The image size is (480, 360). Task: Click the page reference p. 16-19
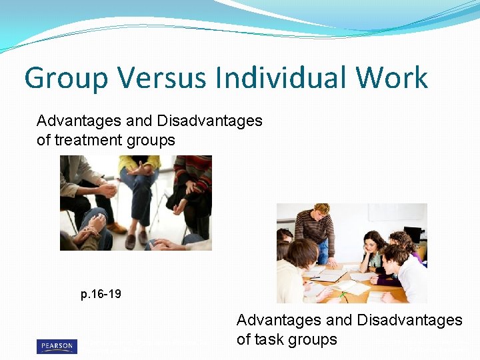tap(101, 294)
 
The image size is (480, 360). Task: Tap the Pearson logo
tap(57, 347)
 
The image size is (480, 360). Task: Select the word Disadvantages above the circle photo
tap(209, 121)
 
